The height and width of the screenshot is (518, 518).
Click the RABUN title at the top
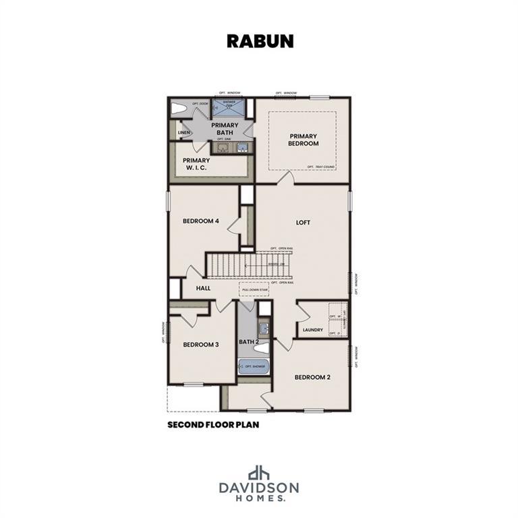260,40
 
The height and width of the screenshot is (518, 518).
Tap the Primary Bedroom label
304,140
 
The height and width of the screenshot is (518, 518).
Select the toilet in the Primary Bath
179,108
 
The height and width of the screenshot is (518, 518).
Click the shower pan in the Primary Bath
228,107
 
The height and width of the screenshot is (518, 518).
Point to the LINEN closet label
184,133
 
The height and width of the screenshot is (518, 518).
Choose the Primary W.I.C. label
196,164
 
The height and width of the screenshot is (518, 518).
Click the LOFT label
303,223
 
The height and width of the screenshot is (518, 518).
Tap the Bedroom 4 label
201,221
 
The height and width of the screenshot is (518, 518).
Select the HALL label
203,288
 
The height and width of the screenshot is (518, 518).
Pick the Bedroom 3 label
201,344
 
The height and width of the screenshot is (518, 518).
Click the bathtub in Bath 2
254,366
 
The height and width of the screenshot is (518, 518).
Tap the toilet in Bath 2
264,349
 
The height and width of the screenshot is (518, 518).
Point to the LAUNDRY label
313,330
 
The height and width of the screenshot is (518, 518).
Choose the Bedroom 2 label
312,377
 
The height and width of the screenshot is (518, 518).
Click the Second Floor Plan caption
213,426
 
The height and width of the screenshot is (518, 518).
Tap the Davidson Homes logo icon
259,473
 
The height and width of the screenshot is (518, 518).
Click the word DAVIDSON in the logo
259,487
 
